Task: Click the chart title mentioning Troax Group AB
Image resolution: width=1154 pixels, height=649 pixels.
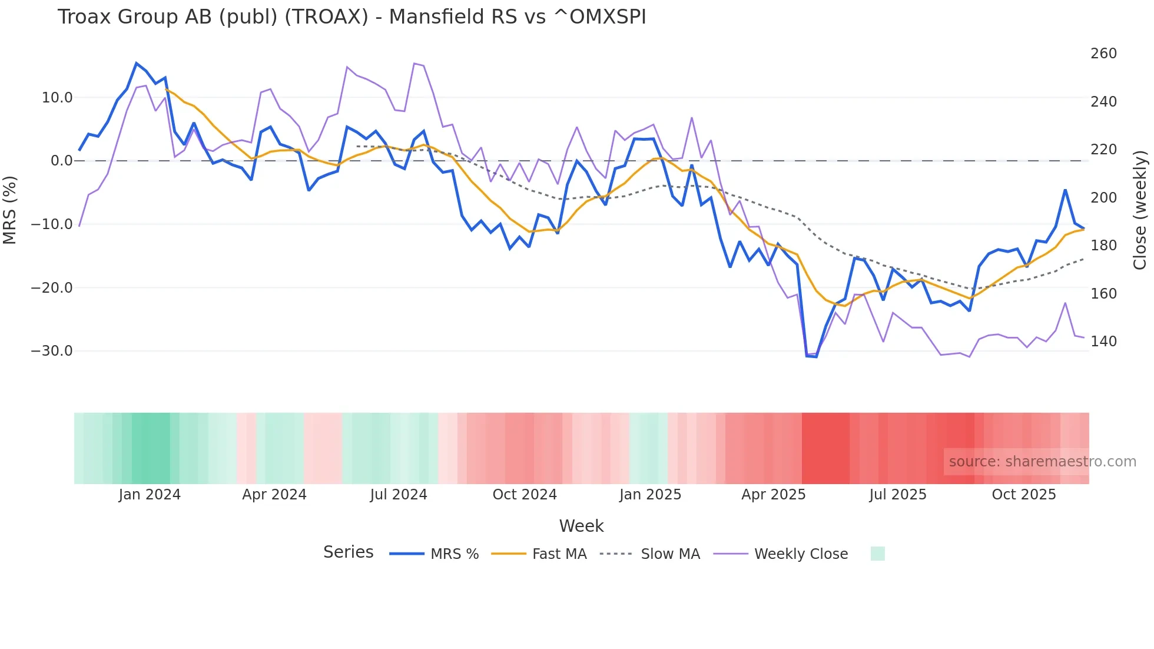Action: pyautogui.click(x=351, y=17)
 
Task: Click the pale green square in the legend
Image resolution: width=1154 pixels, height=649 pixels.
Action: pyautogui.click(x=877, y=554)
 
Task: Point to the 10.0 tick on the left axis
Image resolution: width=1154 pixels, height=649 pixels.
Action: pyautogui.click(x=57, y=98)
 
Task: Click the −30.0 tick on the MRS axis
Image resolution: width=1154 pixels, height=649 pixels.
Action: pyautogui.click(x=52, y=351)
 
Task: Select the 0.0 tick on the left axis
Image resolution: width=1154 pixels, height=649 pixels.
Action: pyautogui.click(x=62, y=161)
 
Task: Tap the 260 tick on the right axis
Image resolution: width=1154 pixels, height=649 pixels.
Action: pyautogui.click(x=1103, y=54)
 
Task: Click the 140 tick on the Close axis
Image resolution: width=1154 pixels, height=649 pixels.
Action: pyautogui.click(x=1103, y=342)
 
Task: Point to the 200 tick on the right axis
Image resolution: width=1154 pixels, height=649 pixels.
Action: pyautogui.click(x=1103, y=198)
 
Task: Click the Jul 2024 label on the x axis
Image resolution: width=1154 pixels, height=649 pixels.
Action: pyautogui.click(x=399, y=495)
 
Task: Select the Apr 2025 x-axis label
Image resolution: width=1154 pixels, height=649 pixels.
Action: pyautogui.click(x=773, y=495)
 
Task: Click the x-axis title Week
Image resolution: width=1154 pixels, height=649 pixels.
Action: pyautogui.click(x=581, y=526)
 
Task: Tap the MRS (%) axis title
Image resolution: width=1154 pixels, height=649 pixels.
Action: pyautogui.click(x=10, y=210)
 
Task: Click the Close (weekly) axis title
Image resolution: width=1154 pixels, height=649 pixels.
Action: pyautogui.click(x=1140, y=210)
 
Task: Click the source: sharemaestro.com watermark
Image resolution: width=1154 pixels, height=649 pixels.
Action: pyautogui.click(x=1042, y=462)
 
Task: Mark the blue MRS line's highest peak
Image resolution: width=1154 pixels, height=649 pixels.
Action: pyautogui.click(x=137, y=63)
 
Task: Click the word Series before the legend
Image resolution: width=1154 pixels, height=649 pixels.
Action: pyautogui.click(x=348, y=552)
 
